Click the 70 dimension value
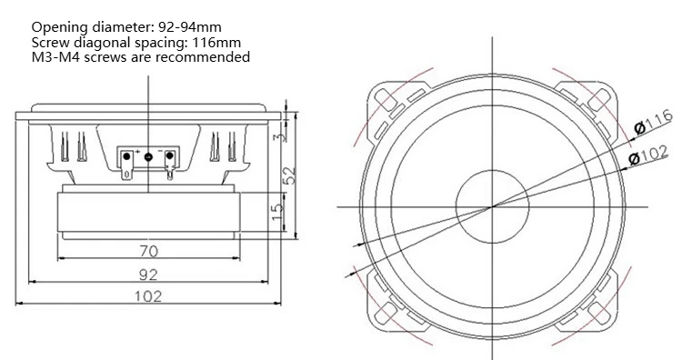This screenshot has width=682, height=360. coord(149,251)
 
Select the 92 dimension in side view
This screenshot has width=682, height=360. coord(149,275)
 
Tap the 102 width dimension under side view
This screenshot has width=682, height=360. coord(148,296)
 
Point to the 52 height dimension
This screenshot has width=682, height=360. coord(290,175)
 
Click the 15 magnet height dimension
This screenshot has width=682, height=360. coord(277,212)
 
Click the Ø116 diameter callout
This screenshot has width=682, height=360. coord(653,122)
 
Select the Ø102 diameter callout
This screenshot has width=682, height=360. coord(648,155)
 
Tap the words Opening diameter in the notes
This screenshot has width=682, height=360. coord(90,27)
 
